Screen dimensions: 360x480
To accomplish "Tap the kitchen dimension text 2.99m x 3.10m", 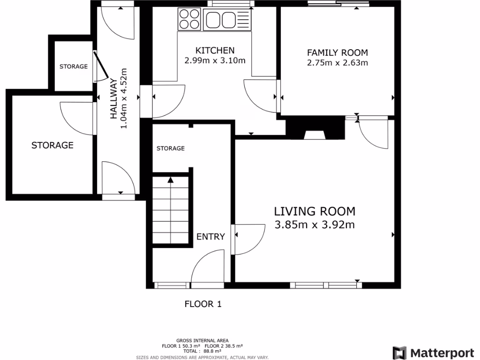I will pyautogui.click(x=215, y=60).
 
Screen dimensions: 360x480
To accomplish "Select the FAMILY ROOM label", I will pyautogui.click(x=337, y=52).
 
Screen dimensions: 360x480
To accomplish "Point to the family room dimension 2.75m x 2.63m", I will pyautogui.click(x=337, y=62).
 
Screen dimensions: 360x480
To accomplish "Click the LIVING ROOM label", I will pyautogui.click(x=315, y=211).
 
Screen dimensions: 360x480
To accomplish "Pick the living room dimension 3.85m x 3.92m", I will pyautogui.click(x=315, y=225).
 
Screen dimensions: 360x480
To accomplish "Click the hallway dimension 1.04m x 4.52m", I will pyautogui.click(x=124, y=99).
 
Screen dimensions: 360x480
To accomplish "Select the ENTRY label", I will pyautogui.click(x=210, y=237).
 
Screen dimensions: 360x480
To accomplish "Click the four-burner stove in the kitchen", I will pyautogui.click(x=189, y=20).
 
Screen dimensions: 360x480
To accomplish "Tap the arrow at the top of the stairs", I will pyautogui.click(x=170, y=180).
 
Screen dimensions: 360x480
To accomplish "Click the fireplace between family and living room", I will pyautogui.click(x=315, y=129).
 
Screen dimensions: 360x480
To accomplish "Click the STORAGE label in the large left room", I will pyautogui.click(x=52, y=145).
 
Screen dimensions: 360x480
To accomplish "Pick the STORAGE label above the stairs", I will pyautogui.click(x=170, y=148).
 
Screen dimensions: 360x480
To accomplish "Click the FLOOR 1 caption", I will pyautogui.click(x=202, y=304).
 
